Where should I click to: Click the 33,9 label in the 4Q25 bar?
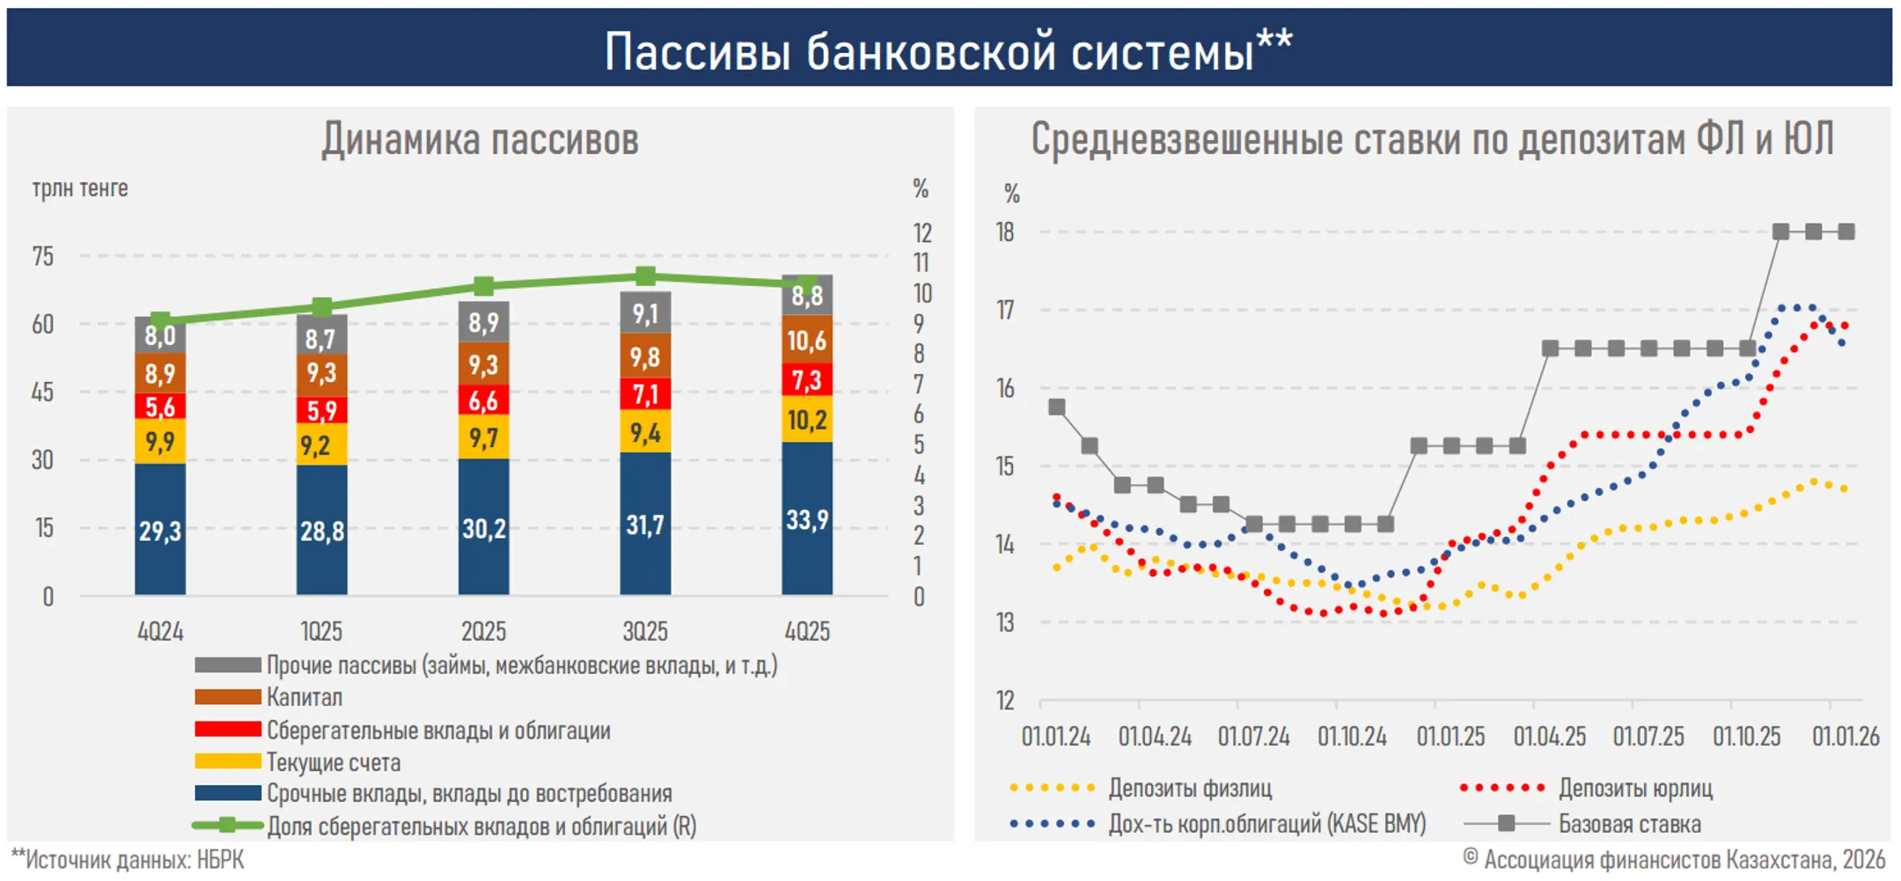point(807,520)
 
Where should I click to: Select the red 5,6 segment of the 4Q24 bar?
point(160,406)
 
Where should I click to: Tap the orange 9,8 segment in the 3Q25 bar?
point(645,356)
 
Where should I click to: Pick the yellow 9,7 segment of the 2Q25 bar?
point(483,437)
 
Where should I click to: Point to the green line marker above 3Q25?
point(645,276)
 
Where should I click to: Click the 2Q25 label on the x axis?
point(483,631)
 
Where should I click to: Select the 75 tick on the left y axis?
point(42,256)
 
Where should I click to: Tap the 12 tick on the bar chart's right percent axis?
point(921,233)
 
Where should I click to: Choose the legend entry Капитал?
point(305,697)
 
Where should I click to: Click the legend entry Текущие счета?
point(334,762)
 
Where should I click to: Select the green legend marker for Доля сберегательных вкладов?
point(227,826)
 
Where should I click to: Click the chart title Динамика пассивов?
point(480,139)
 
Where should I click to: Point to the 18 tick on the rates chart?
point(1004,232)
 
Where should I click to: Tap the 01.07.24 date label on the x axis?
point(1253,736)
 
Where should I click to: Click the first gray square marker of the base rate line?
point(1057,407)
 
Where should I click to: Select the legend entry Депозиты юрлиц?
point(1635,788)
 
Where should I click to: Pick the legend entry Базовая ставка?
point(1629,824)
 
